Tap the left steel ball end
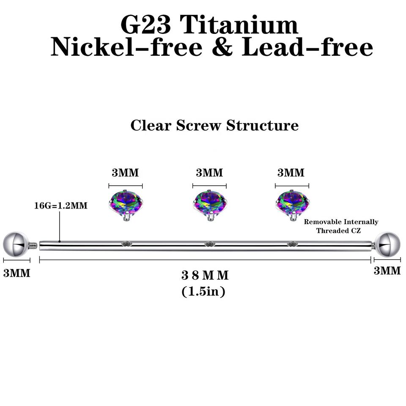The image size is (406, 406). point(14,244)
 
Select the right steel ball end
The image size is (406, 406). point(388,244)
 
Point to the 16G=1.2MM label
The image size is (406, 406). point(60,206)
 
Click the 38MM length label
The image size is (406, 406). point(205,275)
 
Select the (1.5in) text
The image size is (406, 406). point(203,291)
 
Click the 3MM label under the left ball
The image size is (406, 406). point(17,273)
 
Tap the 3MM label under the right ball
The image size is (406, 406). point(387,271)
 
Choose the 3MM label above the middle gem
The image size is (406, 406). point(209,173)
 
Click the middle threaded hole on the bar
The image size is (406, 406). point(209,244)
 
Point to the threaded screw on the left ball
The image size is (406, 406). point(33,244)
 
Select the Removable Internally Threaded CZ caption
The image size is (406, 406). point(341,226)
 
